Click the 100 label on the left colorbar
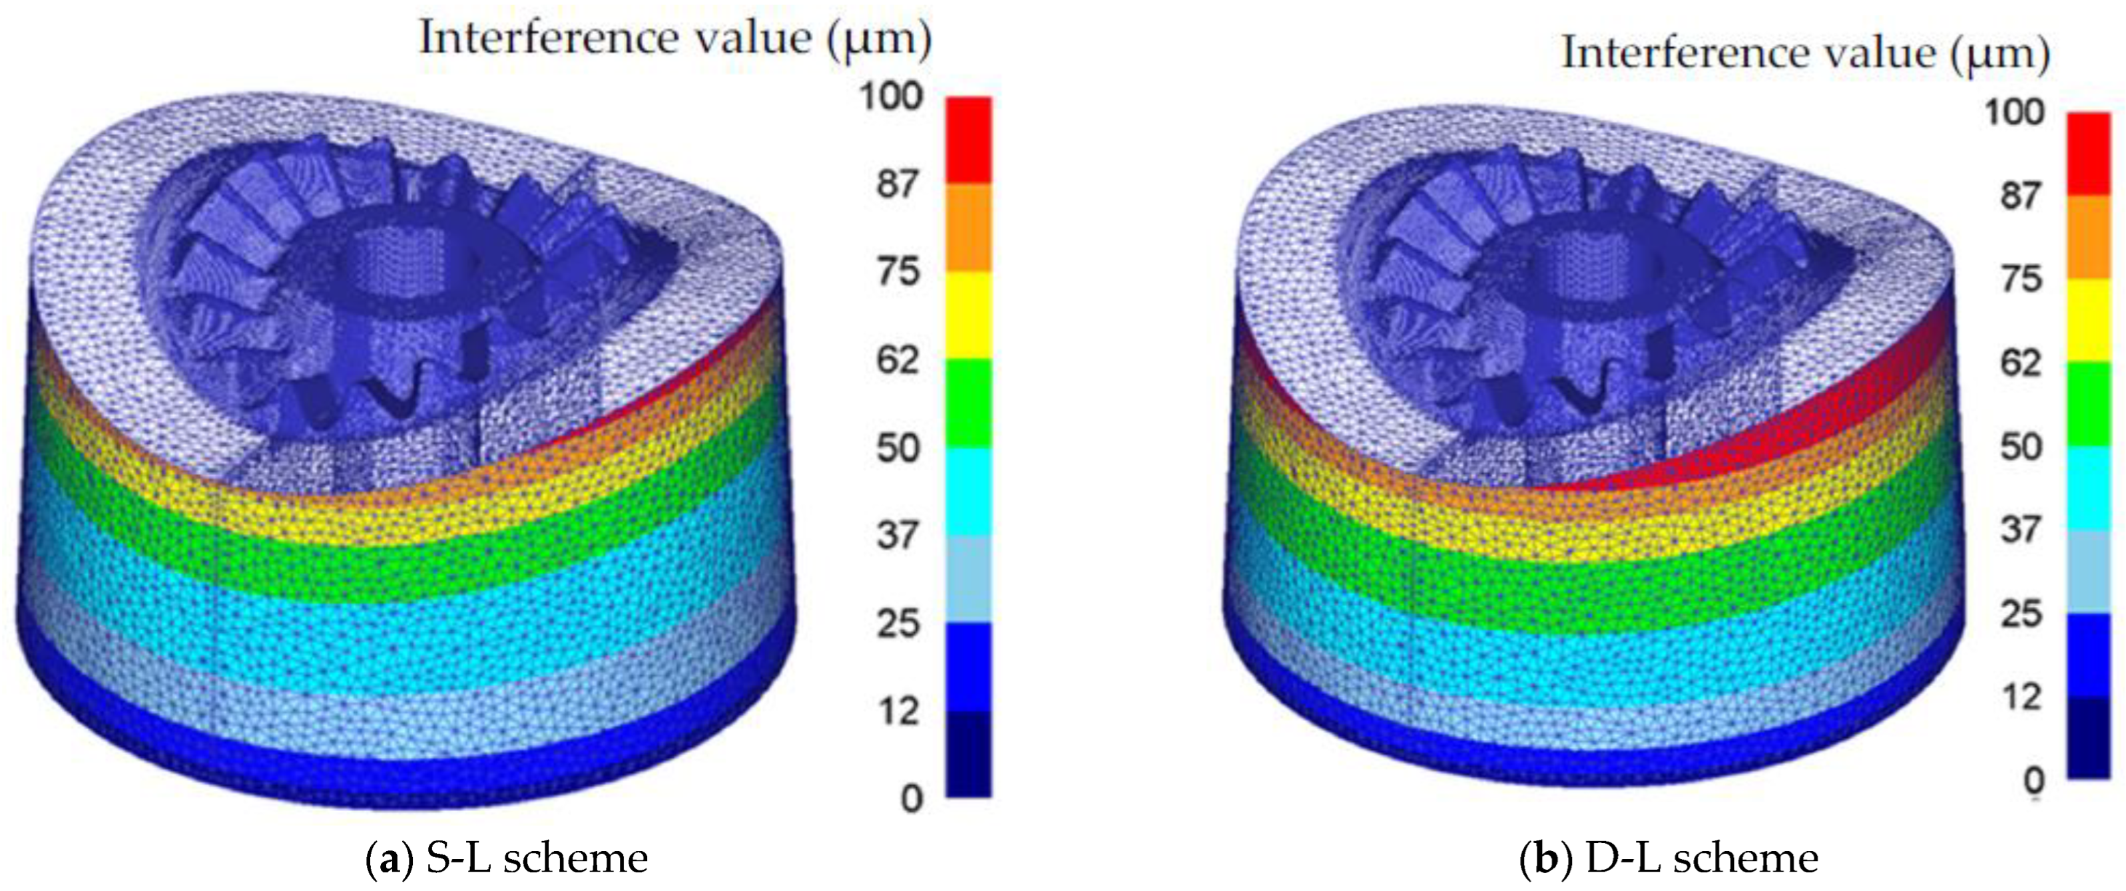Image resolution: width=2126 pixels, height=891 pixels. pyautogui.click(x=892, y=96)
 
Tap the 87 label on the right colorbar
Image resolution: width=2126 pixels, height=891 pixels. pyautogui.click(x=2020, y=196)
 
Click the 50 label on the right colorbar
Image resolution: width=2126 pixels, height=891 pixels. pyautogui.click(x=2020, y=446)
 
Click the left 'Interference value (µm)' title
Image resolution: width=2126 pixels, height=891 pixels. pyautogui.click(x=675, y=39)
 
